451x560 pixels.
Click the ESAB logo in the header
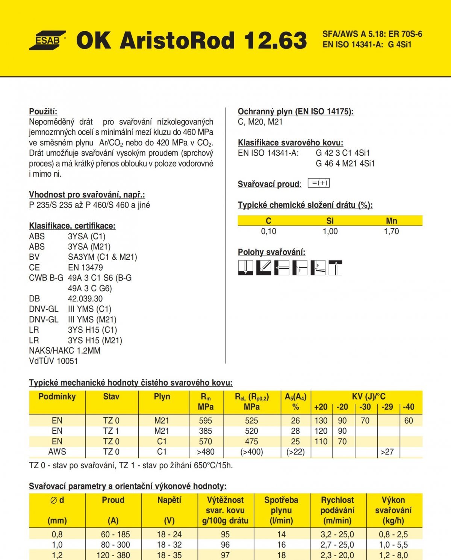pos(47,40)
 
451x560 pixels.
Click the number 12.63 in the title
pos(275,40)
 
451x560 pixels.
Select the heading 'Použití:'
pos(43,111)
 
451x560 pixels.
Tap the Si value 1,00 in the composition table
pos(330,232)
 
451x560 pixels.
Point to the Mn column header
pos(391,221)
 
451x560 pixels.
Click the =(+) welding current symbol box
pos(319,183)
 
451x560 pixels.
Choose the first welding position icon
pos(245,268)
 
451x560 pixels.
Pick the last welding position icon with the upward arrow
pos(335,268)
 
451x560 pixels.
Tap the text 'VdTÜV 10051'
pos(53,361)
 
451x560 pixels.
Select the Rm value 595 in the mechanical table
pos(205,421)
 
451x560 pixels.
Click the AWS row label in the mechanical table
pos(57,452)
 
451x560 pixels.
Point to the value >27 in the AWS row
pos(387,452)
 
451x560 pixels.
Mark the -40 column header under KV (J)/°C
pos(409,407)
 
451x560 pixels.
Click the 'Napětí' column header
pos(169,500)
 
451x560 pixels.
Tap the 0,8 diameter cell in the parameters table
pos(57,534)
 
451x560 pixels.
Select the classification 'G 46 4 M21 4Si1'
pos(345,163)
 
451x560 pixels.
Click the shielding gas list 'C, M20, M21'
pos(260,122)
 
